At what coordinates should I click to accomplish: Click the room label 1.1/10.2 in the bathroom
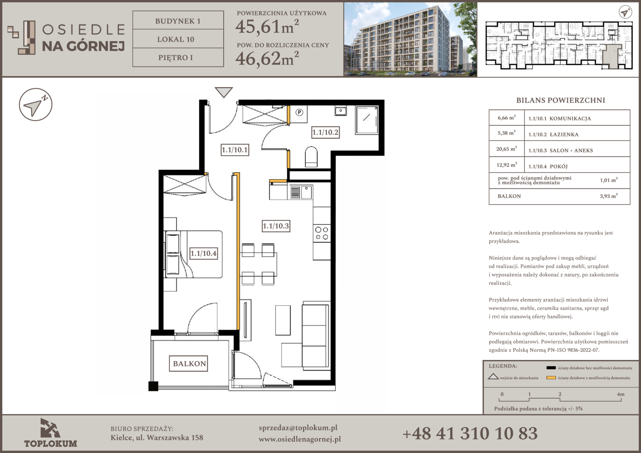point(326,132)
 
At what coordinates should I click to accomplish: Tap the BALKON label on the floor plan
point(189,363)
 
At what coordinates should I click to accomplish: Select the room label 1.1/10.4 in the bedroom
point(203,253)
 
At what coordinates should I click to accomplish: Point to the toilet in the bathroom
point(311,157)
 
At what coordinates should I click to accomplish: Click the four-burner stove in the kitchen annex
point(322,233)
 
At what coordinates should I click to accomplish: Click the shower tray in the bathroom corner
point(367,120)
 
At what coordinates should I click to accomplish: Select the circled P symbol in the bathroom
point(300,112)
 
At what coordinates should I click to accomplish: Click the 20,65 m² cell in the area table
point(506,149)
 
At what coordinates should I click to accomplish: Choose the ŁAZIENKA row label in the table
point(564,135)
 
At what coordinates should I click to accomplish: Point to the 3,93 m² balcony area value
point(609,196)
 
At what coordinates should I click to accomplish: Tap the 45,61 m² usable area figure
point(267,26)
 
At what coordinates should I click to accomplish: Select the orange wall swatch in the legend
point(551,378)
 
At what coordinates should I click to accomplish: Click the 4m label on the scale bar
point(621,394)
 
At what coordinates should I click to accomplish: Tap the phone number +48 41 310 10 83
point(470,434)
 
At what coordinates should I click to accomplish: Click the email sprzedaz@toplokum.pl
point(298,428)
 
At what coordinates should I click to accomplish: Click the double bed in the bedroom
point(193,254)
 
